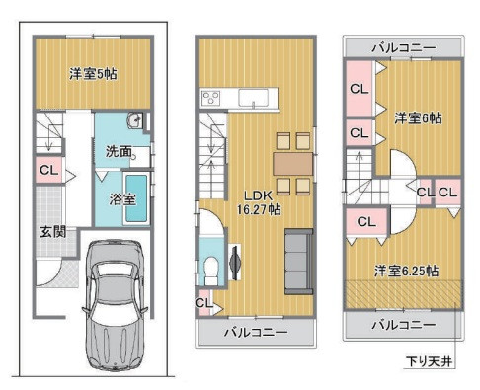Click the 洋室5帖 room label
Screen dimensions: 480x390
[93, 74]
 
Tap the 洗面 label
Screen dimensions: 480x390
[119, 151]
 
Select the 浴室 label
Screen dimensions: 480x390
[122, 198]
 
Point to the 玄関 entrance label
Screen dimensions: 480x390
[53, 232]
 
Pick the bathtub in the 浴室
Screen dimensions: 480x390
[136, 198]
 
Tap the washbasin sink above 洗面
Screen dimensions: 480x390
[135, 120]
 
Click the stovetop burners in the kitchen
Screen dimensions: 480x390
[211, 98]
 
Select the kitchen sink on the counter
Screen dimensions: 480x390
[253, 98]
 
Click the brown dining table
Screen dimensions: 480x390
[292, 164]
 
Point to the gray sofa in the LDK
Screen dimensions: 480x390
[298, 262]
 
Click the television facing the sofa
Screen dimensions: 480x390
[235, 262]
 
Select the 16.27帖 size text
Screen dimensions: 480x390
[259, 209]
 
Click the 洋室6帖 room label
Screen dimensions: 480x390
[418, 117]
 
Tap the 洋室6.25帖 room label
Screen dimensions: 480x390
[406, 271]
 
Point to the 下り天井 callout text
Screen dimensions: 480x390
[429, 361]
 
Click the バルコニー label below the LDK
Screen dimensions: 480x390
[256, 332]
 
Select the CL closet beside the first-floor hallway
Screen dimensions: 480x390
[48, 170]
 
